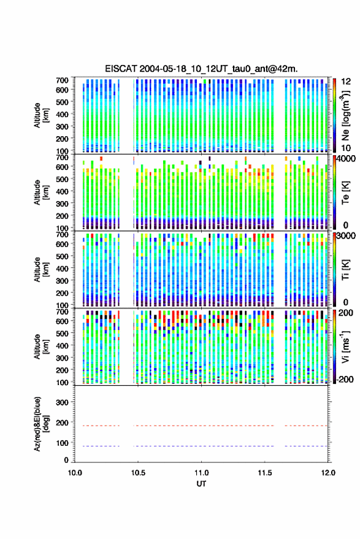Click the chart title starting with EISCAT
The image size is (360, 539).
[x=201, y=69]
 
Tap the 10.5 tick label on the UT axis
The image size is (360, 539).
[x=138, y=473]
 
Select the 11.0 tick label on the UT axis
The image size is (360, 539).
[x=201, y=473]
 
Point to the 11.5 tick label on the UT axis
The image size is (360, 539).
[x=264, y=473]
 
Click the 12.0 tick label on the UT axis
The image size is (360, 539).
[x=328, y=473]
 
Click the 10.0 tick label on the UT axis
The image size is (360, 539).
[x=75, y=473]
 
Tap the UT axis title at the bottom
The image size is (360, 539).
[x=201, y=484]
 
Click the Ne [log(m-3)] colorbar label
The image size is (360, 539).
[x=345, y=115]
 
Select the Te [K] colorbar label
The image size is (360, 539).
[x=345, y=193]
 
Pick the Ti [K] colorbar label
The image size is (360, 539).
[x=345, y=270]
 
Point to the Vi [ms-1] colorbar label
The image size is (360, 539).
[x=345, y=347]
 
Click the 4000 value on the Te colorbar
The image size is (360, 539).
[x=347, y=159]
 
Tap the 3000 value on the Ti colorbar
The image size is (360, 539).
[x=347, y=236]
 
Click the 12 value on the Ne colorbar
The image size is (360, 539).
[x=347, y=82]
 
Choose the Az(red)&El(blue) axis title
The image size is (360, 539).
[x=40, y=424]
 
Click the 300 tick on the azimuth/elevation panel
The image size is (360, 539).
[x=62, y=402]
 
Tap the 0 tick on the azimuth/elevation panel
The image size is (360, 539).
[x=66, y=460]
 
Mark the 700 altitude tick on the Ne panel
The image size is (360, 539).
[x=62, y=80]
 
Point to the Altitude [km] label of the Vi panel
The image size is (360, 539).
[x=41, y=346]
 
